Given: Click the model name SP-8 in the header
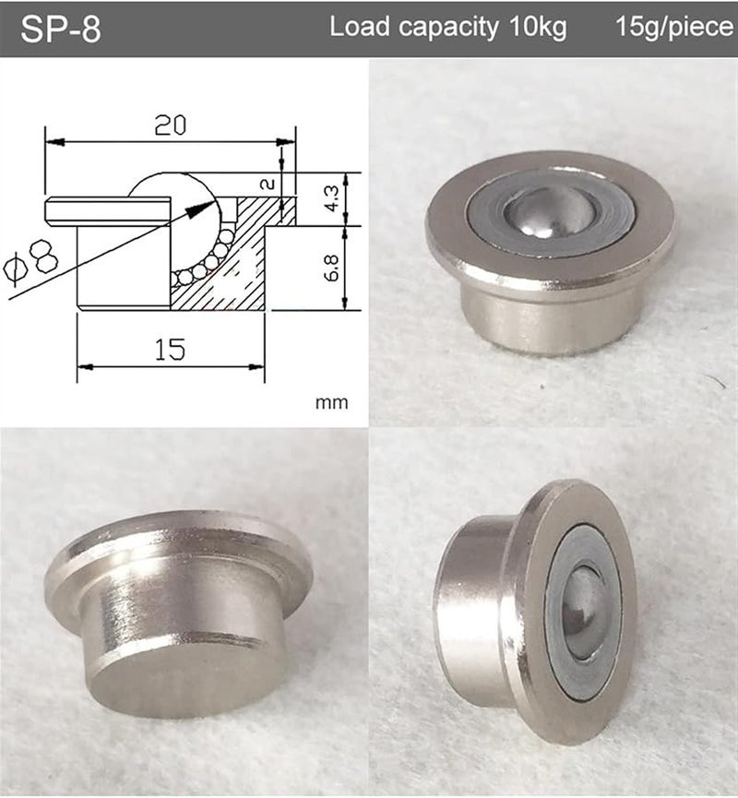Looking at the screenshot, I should click(61, 29).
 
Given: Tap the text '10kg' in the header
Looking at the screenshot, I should click(536, 28).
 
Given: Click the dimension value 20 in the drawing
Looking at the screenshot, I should click(170, 125).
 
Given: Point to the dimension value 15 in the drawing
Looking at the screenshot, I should click(170, 348).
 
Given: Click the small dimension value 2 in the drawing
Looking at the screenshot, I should click(268, 184).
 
